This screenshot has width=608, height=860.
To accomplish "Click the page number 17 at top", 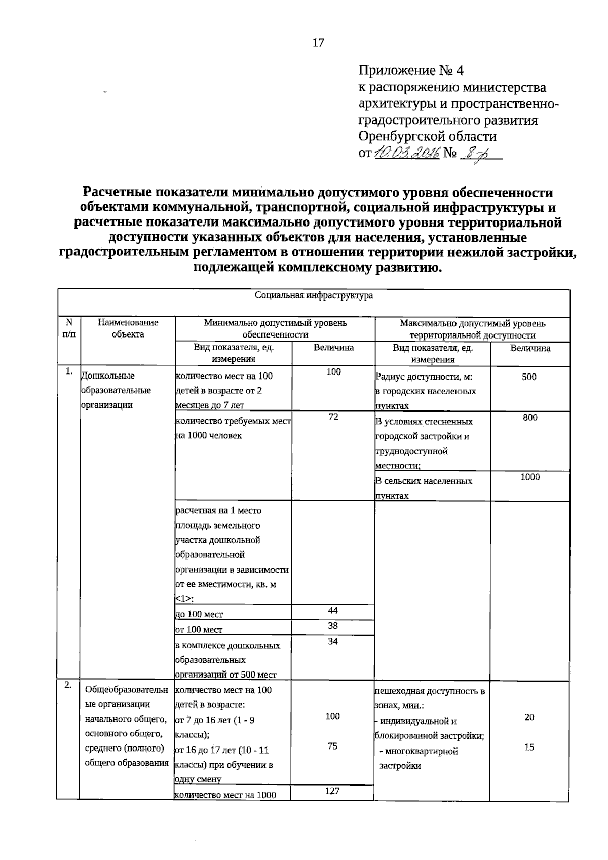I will tap(318, 43).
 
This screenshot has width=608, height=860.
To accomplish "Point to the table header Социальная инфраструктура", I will tap(314, 295).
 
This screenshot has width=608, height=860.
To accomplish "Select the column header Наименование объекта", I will tap(128, 328).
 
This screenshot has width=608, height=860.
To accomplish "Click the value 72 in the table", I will tap(333, 417).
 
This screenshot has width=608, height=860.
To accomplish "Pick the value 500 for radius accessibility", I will tap(529, 377).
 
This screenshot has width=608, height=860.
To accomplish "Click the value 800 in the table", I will tap(530, 418).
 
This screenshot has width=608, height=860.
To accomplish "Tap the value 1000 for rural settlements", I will tap(530, 477).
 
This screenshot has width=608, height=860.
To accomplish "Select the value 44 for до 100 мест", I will tap(333, 610).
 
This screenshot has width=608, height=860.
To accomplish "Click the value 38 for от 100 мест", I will tap(333, 625).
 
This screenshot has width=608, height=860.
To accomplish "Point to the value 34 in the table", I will tap(333, 641).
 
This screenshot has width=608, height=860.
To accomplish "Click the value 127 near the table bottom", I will tap(332, 790).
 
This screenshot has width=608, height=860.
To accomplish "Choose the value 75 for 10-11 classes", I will tap(332, 746).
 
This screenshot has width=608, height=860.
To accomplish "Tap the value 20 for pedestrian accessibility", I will tap(529, 717).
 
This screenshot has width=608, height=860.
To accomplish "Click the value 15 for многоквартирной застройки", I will tap(529, 746).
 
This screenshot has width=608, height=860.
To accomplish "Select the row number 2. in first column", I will tap(68, 685).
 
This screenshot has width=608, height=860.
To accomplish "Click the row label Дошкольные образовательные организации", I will tap(116, 390).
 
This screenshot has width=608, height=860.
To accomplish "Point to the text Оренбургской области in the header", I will tap(427, 136).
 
